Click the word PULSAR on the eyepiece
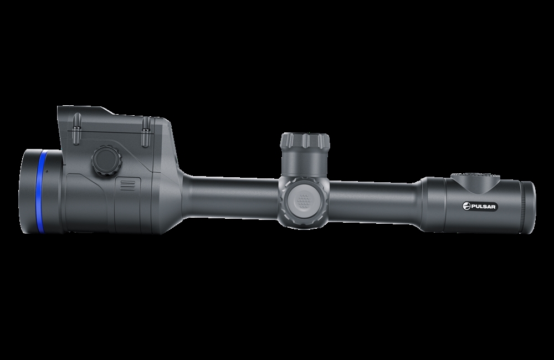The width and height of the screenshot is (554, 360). click(x=483, y=207)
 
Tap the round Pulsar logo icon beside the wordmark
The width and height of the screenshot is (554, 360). click(x=466, y=207)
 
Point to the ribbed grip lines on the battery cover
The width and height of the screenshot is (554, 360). click(x=128, y=185)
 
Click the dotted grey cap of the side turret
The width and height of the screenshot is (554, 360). click(x=303, y=200)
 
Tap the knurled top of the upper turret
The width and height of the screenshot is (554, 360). click(x=305, y=141)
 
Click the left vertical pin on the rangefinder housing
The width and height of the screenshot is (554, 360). click(x=76, y=130)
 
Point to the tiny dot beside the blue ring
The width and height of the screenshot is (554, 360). click(x=47, y=171)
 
